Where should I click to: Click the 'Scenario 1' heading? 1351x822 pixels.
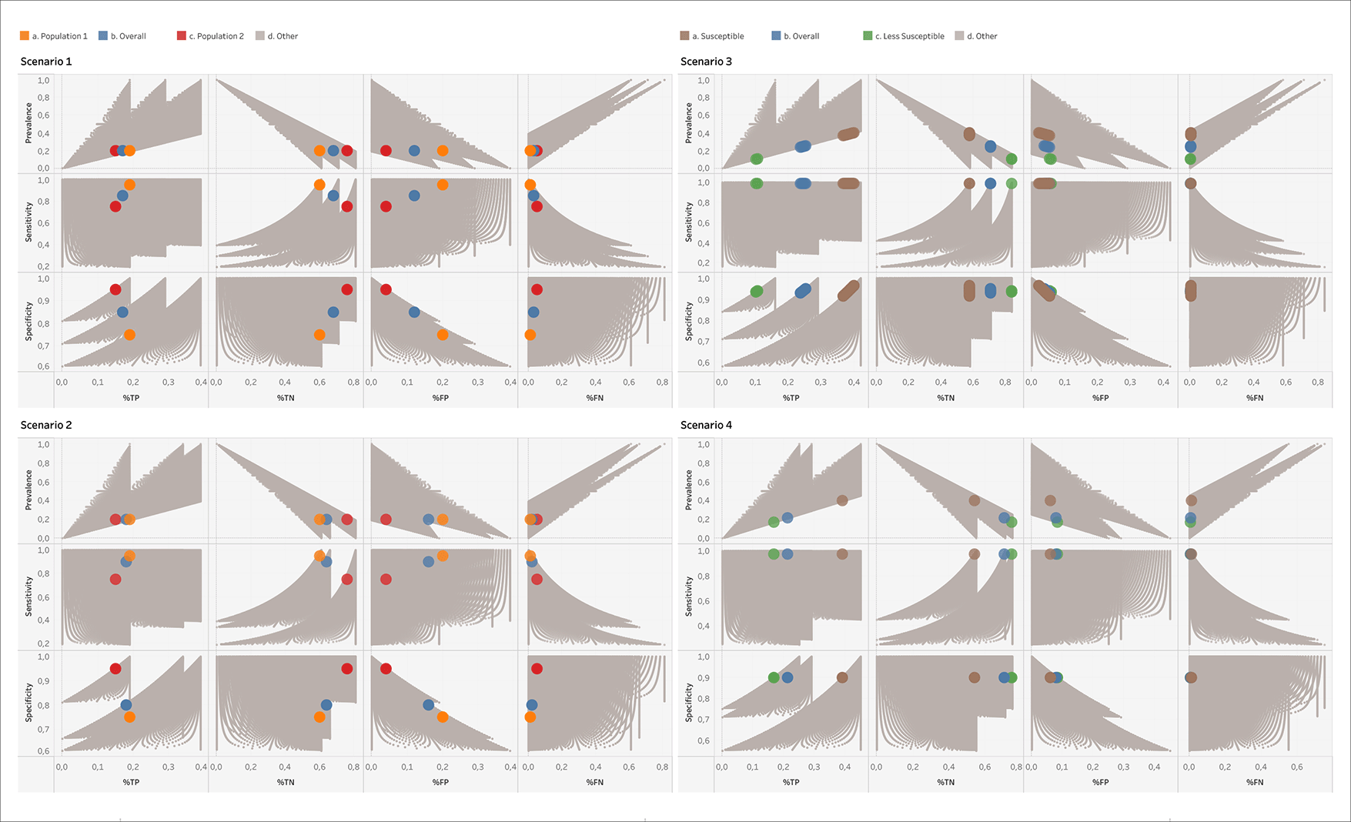click(x=46, y=62)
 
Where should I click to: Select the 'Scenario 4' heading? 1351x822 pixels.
click(x=706, y=425)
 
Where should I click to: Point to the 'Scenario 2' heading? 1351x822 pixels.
click(x=46, y=425)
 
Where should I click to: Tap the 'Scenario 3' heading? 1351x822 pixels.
click(x=706, y=62)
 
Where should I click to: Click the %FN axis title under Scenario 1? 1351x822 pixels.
click(x=594, y=398)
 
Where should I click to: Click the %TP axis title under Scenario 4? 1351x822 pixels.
click(x=791, y=782)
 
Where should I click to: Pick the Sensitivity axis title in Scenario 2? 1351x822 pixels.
click(x=28, y=596)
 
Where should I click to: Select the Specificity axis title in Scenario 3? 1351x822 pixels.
click(x=688, y=320)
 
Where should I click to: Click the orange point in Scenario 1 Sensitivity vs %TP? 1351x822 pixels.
click(x=129, y=185)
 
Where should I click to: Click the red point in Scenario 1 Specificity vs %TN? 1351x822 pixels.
click(x=347, y=289)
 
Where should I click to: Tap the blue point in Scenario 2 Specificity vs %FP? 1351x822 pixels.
click(x=428, y=705)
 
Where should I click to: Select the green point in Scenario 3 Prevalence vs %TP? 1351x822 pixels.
click(x=756, y=159)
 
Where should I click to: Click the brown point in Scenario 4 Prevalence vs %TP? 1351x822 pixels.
click(x=842, y=500)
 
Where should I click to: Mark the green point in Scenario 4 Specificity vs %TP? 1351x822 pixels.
click(x=774, y=677)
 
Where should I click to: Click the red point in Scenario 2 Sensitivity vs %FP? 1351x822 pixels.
click(x=386, y=579)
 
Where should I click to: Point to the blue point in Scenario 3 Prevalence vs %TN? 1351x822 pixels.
click(x=991, y=146)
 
